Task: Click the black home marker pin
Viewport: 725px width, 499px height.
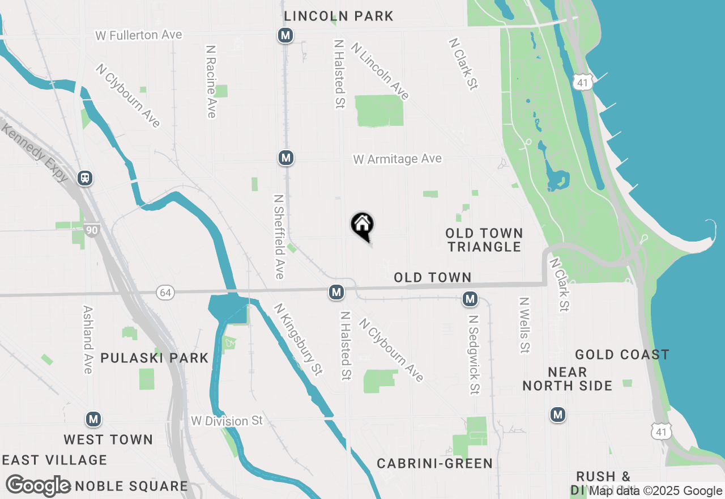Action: point(362,226)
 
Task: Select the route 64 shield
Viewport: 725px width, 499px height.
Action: point(166,293)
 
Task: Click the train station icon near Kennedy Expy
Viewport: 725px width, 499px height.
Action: point(85,178)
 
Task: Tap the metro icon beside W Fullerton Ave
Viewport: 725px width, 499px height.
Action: point(285,36)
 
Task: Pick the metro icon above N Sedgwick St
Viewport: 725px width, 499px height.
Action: point(470,299)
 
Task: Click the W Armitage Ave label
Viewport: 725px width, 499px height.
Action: point(397,159)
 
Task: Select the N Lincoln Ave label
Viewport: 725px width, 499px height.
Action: point(380,71)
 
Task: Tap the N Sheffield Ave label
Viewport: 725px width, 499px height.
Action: point(279,237)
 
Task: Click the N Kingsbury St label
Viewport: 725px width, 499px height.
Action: point(298,339)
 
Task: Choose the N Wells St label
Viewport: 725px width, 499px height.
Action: point(524,325)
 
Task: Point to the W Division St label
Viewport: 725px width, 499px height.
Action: point(227,421)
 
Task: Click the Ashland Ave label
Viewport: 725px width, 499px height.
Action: point(88,340)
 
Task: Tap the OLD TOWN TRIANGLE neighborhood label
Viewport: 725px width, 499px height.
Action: point(484,240)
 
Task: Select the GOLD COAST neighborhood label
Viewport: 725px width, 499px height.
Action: point(622,355)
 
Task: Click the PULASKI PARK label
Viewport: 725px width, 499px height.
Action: point(154,358)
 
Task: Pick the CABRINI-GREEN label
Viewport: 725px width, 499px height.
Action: point(435,464)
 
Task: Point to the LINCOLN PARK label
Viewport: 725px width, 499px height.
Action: point(339,16)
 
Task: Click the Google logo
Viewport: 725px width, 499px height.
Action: point(39,485)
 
